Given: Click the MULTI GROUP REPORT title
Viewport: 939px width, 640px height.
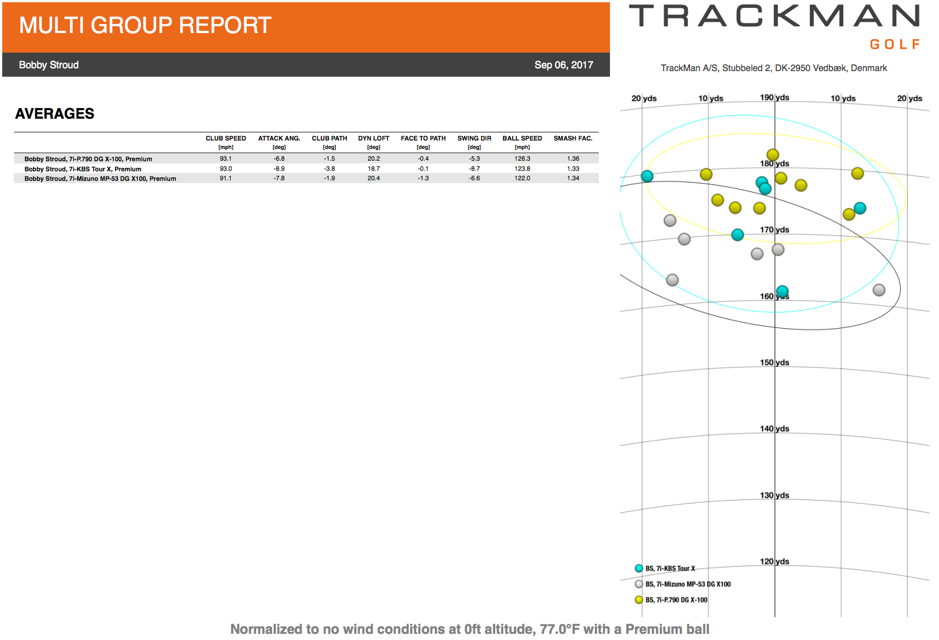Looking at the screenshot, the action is tap(145, 25).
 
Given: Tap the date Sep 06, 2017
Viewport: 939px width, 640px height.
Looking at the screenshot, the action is tap(564, 65).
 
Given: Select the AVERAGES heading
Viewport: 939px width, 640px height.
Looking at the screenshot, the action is tap(54, 114).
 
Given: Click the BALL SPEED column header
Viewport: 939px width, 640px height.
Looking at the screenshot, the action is tap(522, 138).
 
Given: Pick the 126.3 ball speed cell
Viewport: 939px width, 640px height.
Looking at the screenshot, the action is tap(522, 158).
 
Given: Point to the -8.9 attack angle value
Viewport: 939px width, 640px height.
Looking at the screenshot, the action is tap(279, 169).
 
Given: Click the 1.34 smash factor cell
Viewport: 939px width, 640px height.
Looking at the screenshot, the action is tap(572, 178).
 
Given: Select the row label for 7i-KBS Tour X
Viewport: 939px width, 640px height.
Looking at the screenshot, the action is tap(83, 169).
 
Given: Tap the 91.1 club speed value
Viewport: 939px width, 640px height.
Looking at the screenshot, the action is tap(226, 178).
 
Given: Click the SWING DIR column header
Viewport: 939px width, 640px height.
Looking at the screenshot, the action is tap(474, 138).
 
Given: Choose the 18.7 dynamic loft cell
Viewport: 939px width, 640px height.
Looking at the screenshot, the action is tap(373, 169).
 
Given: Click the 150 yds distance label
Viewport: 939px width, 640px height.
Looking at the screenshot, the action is tap(774, 362).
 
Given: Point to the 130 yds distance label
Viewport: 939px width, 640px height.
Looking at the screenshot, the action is tap(774, 495).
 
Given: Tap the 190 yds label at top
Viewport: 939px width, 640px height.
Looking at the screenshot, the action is tap(774, 97).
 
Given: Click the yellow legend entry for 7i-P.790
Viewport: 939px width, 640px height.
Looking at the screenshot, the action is tap(671, 600).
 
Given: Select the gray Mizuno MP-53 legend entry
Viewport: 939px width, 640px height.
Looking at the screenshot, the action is tap(683, 584).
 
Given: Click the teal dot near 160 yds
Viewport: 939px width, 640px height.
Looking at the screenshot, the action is tap(782, 291).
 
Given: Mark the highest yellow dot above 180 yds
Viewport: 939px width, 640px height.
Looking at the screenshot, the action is tap(773, 155).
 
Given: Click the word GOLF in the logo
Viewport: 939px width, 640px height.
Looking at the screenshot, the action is tap(895, 44).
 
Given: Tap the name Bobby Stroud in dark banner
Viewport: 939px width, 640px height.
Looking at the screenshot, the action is tap(49, 65).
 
